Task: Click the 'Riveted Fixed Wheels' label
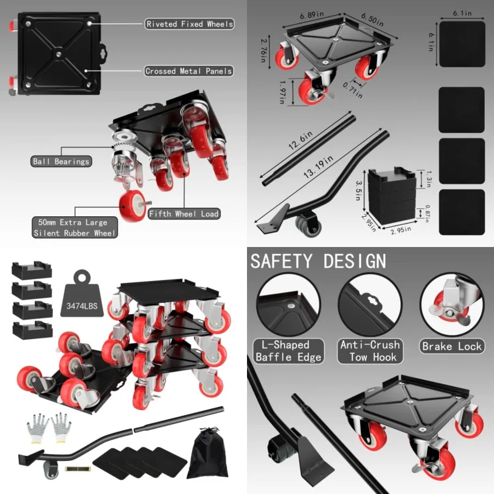189,24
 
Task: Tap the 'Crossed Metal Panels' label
189,71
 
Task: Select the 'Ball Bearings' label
61,161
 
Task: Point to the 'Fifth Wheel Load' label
184,214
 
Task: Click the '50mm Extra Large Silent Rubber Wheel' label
75,227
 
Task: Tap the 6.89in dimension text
312,15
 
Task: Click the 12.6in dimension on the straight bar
301,140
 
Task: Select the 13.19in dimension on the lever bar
318,166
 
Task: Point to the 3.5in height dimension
359,190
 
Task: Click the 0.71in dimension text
353,90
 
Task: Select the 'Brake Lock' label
452,346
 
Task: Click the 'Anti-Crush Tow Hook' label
370,351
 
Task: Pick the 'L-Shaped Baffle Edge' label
289,351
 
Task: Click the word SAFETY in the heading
281,261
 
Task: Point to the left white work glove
37,428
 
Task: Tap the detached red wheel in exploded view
133,206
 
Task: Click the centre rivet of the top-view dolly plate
59,54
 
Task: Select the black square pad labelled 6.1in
462,44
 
